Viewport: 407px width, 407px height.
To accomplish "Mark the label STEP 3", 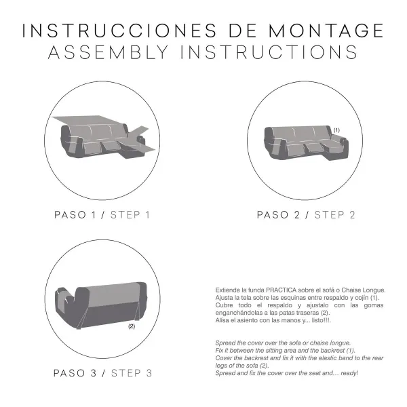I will click(x=130, y=373).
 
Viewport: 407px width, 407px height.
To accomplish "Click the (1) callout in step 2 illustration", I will click(x=336, y=129).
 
